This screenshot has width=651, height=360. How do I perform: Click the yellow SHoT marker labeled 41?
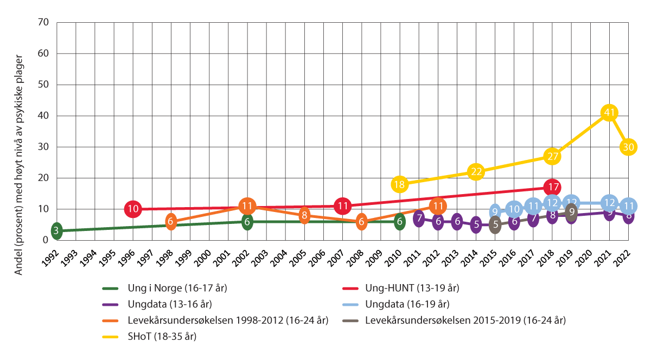click(609, 113)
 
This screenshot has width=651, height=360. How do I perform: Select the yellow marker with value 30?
click(628, 147)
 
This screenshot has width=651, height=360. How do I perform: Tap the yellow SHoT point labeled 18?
click(399, 184)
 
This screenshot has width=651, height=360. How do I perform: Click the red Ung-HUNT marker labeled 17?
click(552, 187)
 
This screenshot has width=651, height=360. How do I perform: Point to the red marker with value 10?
click(133, 209)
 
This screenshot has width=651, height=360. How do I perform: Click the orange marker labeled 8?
click(304, 215)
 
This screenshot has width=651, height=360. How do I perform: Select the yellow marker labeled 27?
click(552, 156)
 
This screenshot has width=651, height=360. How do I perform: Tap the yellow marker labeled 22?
click(475, 172)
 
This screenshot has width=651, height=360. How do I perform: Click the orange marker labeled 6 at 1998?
click(171, 221)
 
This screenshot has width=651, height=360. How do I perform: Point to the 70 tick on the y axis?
click(44, 23)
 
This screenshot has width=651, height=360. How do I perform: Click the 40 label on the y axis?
click(44, 116)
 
